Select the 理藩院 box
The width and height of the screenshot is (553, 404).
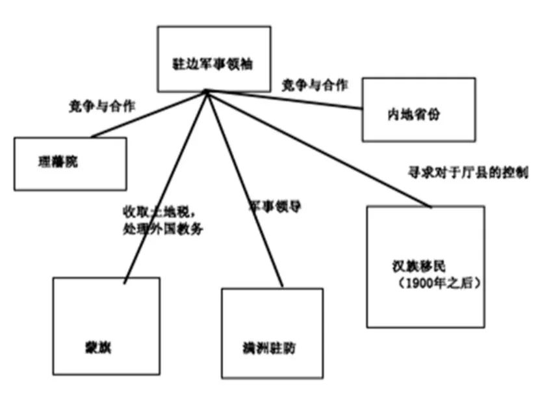tap(70, 163)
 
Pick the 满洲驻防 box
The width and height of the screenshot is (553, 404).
tap(272, 333)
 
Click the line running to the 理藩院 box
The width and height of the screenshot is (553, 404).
tap(148, 114)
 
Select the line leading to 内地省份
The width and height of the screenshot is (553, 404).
tap(286, 100)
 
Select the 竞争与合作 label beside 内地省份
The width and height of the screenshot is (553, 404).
tap(315, 85)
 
